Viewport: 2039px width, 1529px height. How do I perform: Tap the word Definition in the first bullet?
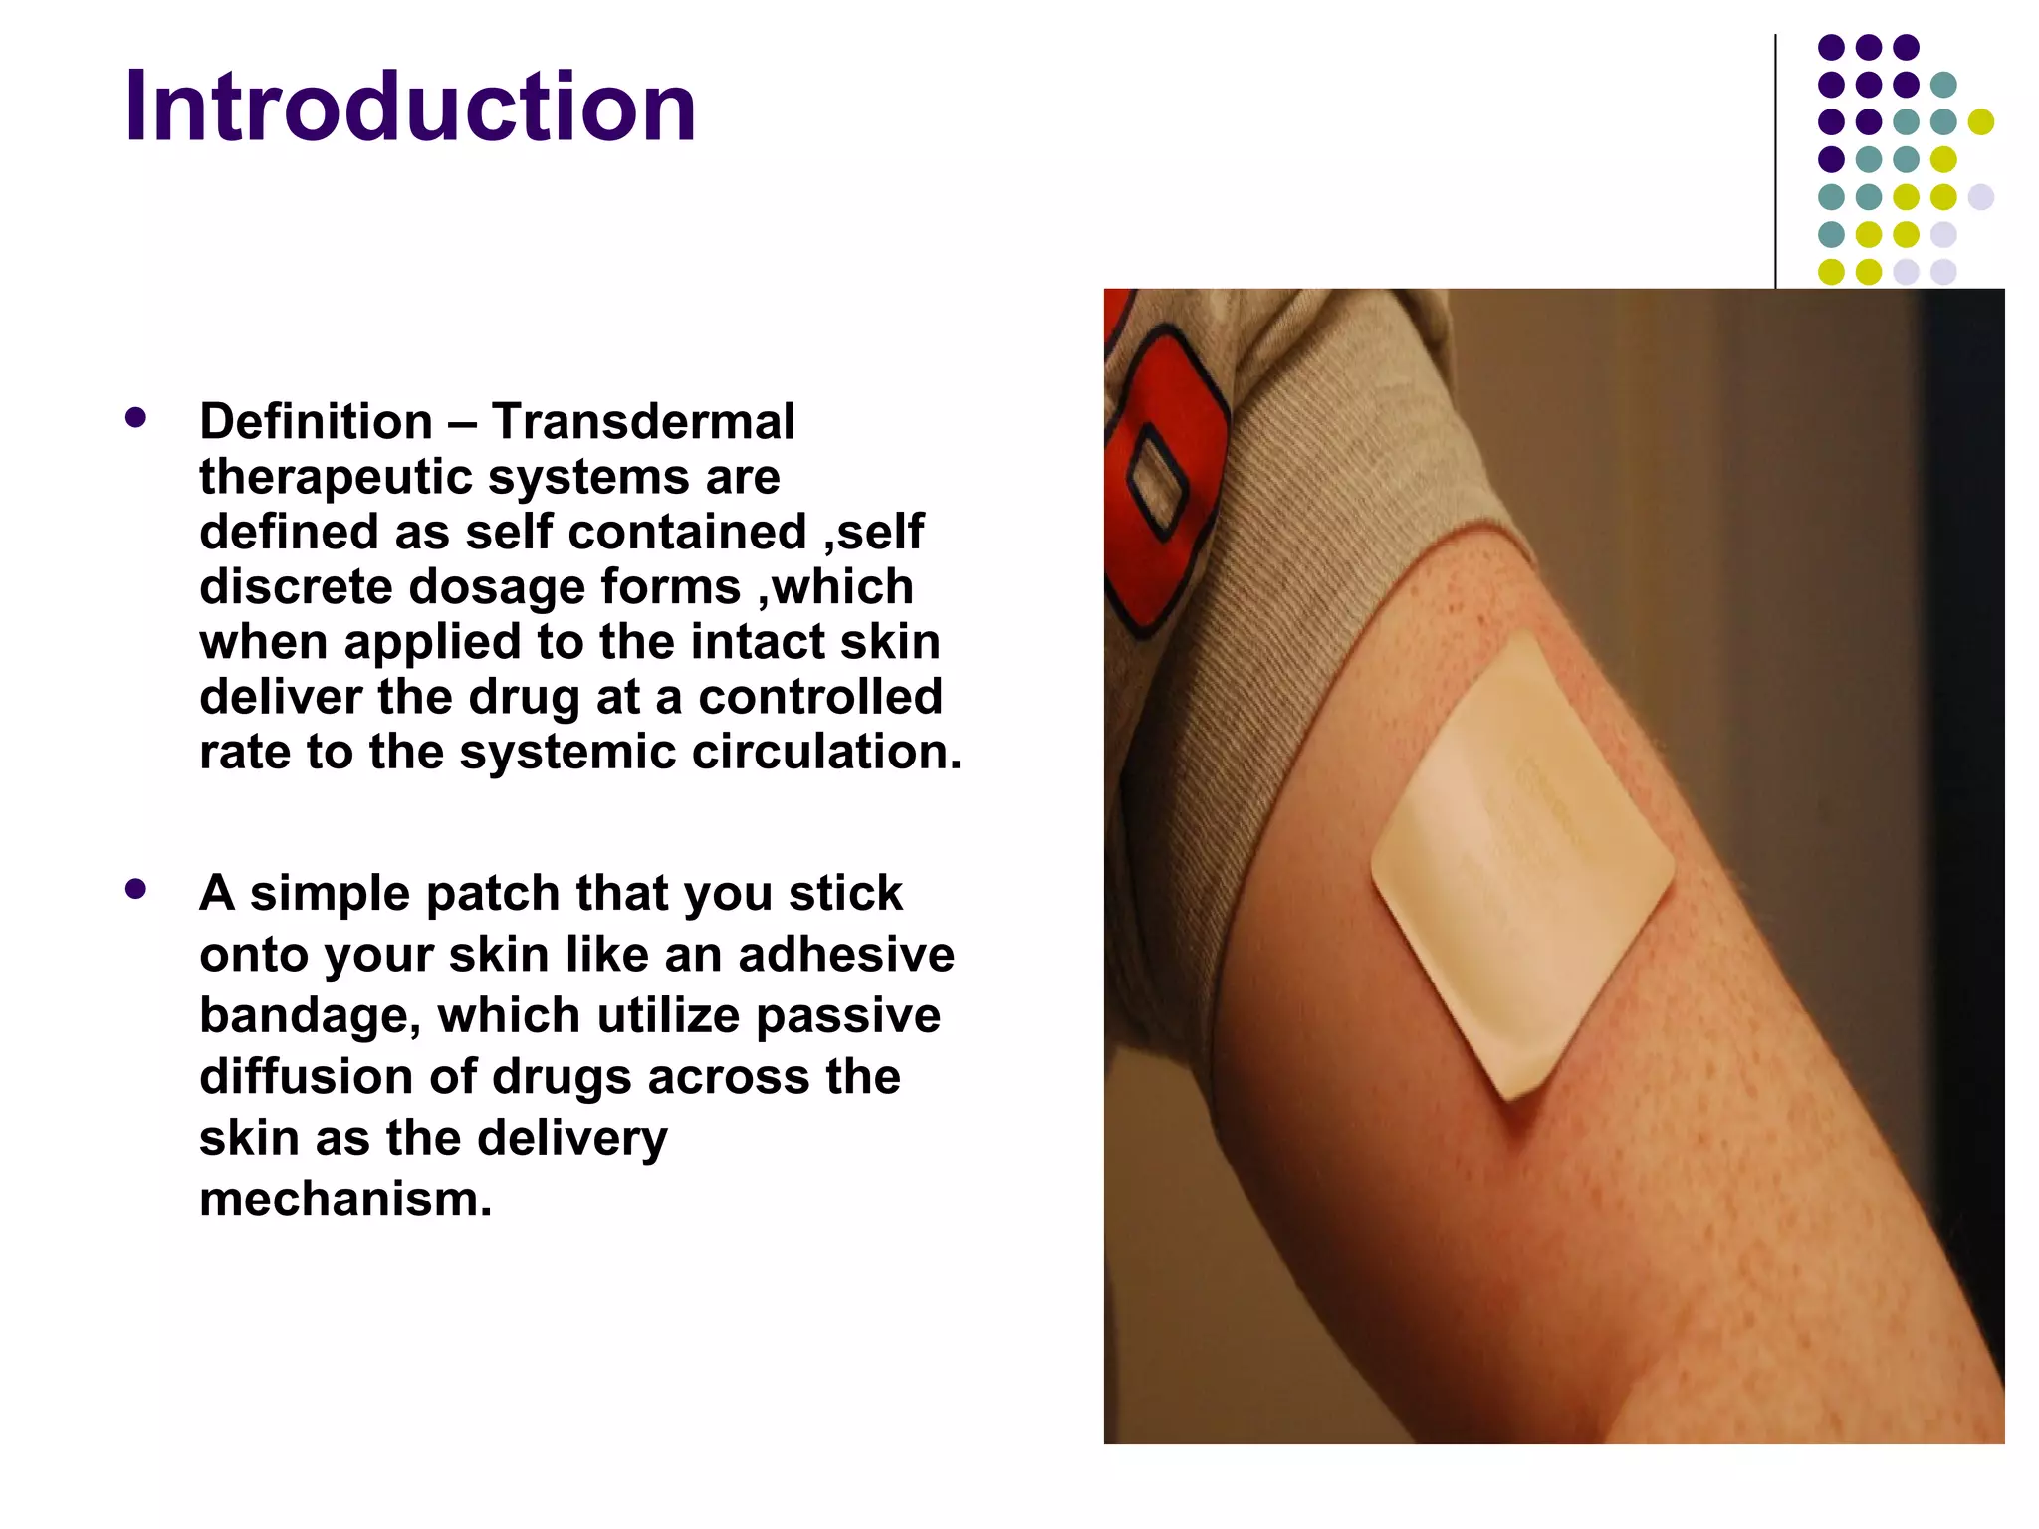tap(316, 421)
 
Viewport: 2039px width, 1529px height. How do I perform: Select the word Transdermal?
tap(643, 421)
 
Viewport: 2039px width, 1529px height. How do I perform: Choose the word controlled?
tap(819, 697)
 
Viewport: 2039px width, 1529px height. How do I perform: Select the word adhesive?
tap(846, 955)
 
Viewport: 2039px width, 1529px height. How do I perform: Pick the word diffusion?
tap(306, 1077)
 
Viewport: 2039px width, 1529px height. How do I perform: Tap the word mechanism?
tap(345, 1200)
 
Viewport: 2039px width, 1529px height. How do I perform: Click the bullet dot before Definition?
tap(136, 418)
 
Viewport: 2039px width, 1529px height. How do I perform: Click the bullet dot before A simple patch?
tap(136, 889)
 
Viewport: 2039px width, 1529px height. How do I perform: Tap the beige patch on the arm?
tap(1520, 866)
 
